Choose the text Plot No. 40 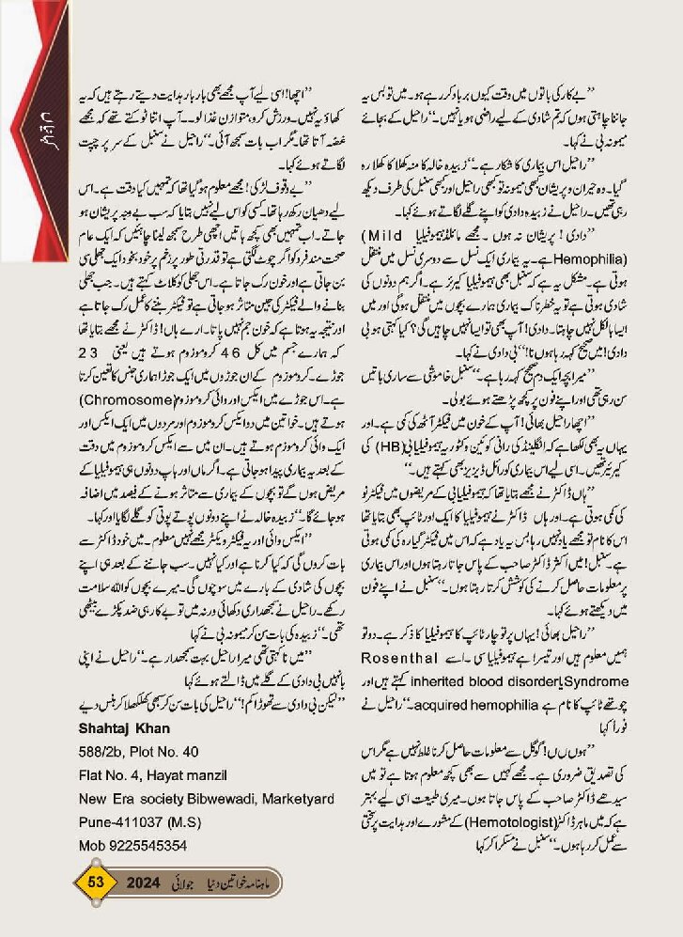(164, 752)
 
